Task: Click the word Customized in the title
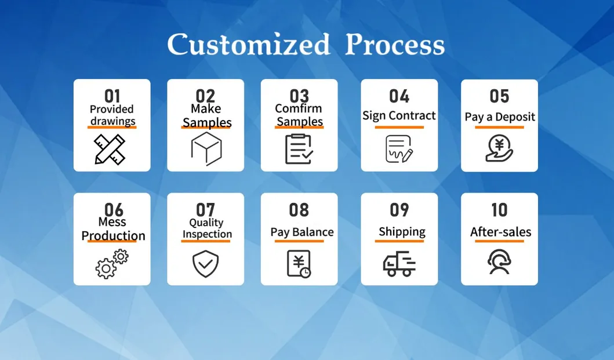tap(249, 44)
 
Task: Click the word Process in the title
tap(395, 44)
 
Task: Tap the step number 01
tap(112, 96)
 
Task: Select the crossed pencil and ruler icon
tap(110, 149)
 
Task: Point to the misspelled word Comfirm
tap(299, 108)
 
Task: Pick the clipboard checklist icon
tap(299, 149)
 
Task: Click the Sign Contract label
tap(399, 115)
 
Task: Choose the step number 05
tap(499, 96)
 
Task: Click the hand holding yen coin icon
tap(499, 148)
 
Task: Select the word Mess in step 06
tap(112, 221)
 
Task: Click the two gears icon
tap(112, 264)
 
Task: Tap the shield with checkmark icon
tap(206, 264)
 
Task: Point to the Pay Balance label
tap(302, 232)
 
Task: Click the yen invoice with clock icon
tap(299, 264)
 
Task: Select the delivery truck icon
tap(399, 264)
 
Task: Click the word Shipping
tap(402, 231)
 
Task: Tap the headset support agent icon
tap(499, 262)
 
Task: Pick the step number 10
tap(499, 210)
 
